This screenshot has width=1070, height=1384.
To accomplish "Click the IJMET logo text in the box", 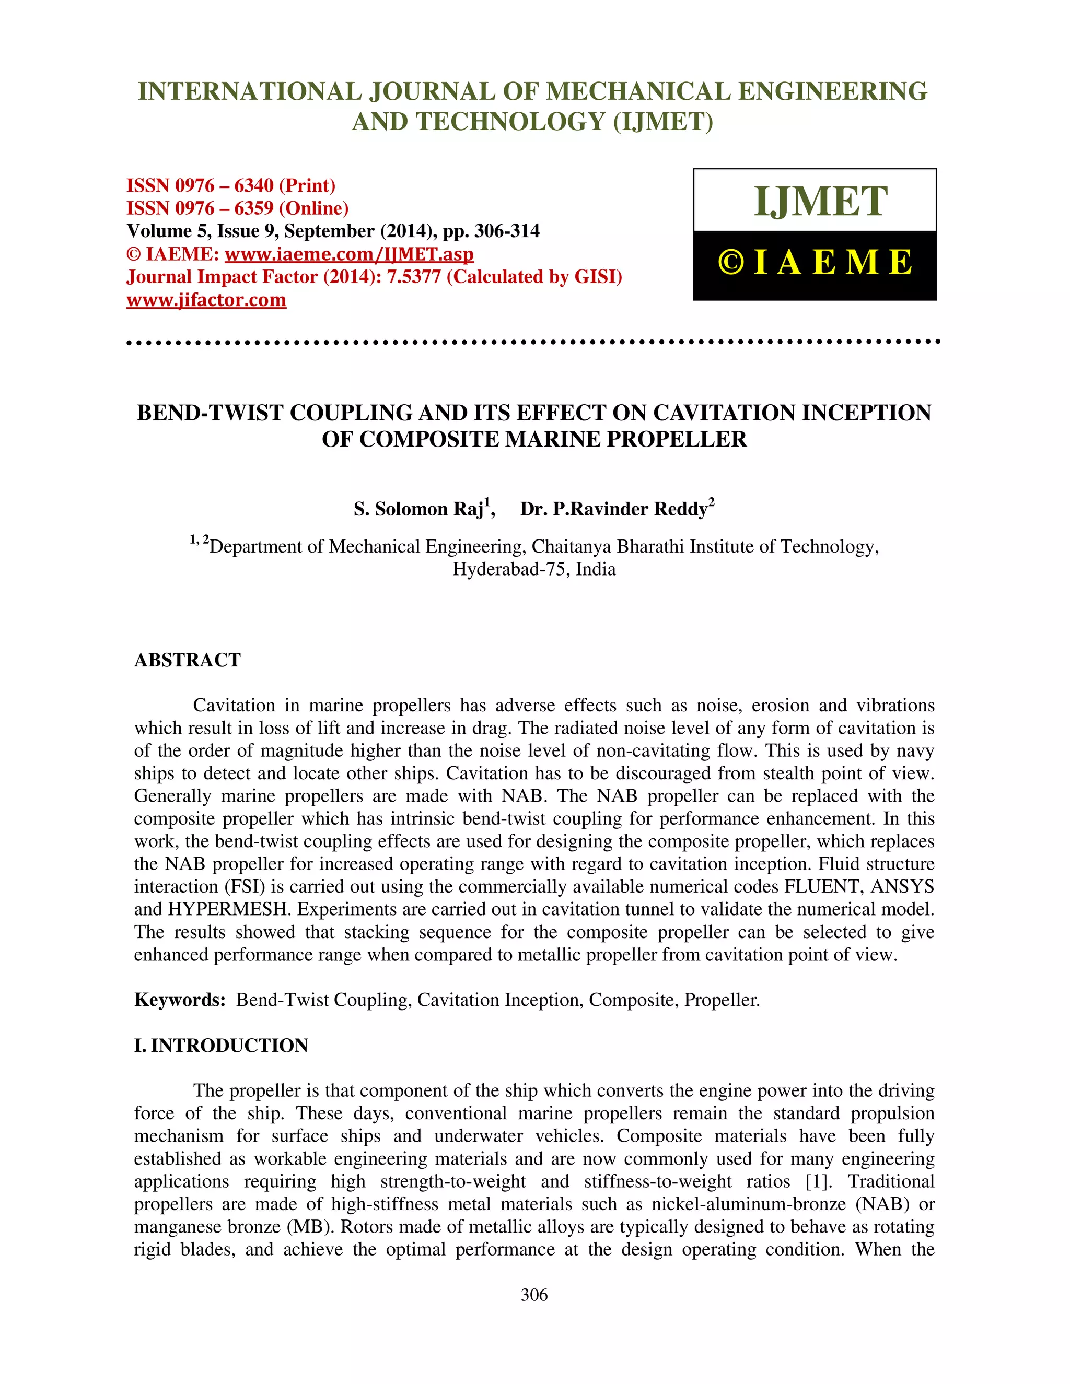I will coord(820,202).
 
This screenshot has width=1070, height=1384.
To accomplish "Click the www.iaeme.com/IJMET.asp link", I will coord(350,254).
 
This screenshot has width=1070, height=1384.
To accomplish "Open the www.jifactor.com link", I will coord(206,300).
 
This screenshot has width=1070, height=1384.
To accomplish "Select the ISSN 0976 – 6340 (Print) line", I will coord(231,186).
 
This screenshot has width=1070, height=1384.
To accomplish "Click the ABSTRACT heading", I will coord(188,660).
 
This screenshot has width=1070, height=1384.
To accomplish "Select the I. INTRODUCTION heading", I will coord(221,1046).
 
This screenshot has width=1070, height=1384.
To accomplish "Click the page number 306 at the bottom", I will coord(534,1295).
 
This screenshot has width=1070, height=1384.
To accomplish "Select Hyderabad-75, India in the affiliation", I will coord(534,570).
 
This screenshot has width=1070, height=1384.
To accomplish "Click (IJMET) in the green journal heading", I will coord(663,122).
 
